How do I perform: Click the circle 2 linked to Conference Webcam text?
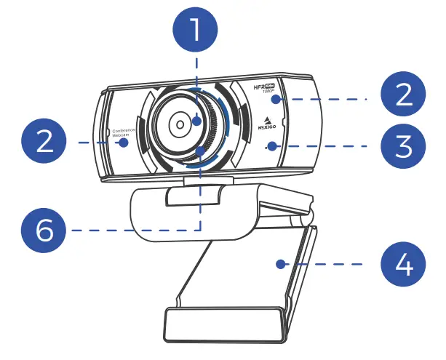[45, 141]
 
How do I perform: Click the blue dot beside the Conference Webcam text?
[124, 143]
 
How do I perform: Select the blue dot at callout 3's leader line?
[271, 146]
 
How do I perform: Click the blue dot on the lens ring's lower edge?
[198, 150]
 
